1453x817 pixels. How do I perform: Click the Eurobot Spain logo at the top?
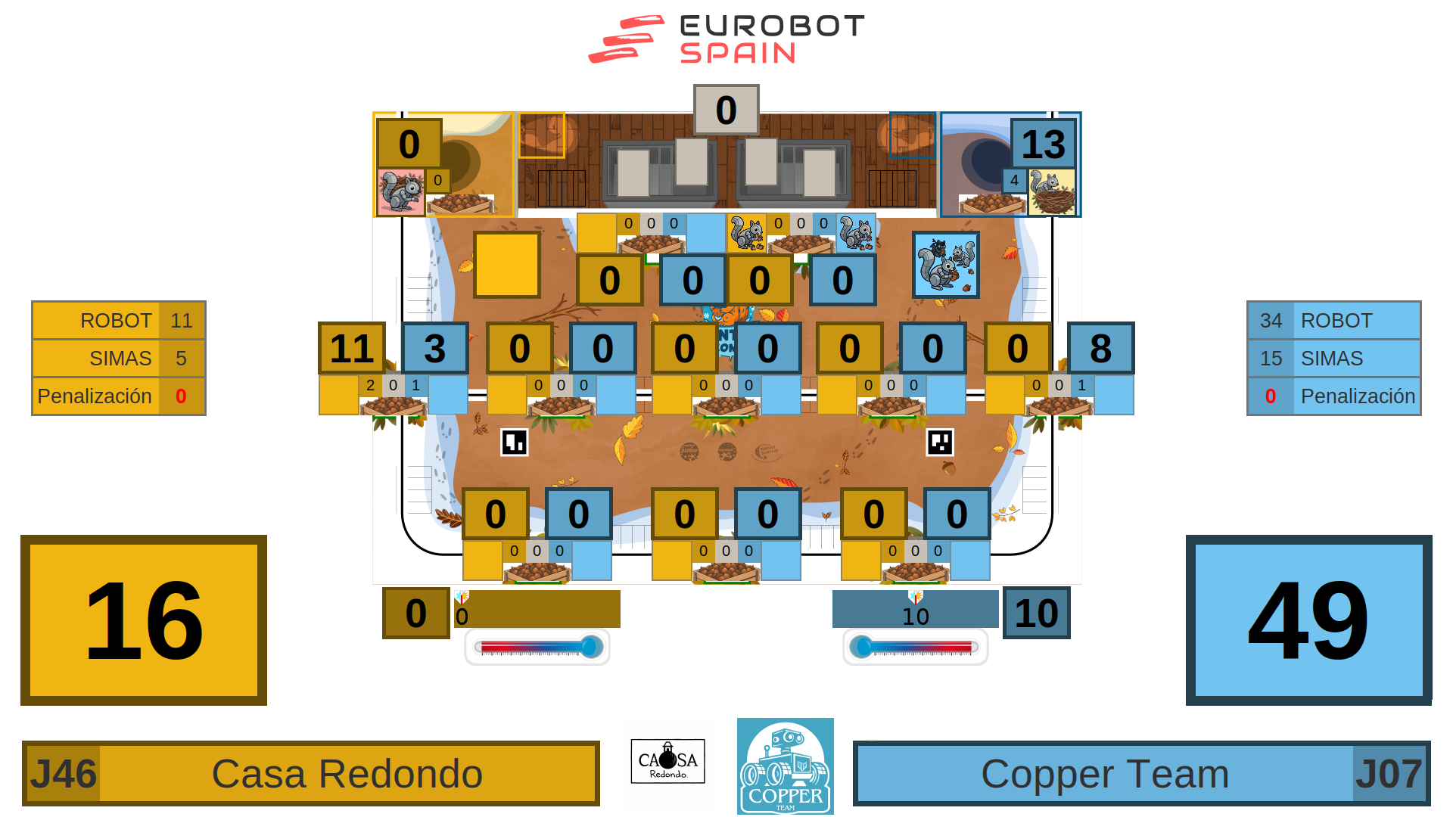point(726,39)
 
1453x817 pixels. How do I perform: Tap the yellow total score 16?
point(144,620)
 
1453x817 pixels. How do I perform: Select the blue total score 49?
point(1308,620)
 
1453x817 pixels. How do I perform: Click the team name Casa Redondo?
point(347,774)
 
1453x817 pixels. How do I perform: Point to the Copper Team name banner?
point(1104,774)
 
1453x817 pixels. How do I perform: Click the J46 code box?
point(63,774)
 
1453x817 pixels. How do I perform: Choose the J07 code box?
point(1389,774)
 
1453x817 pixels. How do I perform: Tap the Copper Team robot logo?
point(785,766)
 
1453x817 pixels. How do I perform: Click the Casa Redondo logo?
point(668,761)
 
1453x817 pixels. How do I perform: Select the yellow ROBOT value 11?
point(182,321)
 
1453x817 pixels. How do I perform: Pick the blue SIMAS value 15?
point(1271,359)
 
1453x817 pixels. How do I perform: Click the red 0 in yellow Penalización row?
point(181,396)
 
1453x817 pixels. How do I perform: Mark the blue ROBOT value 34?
point(1271,321)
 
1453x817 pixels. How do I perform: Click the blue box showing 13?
point(1043,144)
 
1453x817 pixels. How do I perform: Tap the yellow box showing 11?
point(352,348)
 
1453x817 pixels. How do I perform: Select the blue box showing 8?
point(1100,348)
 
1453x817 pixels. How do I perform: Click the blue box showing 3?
point(435,348)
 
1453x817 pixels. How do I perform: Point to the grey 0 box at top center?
point(726,110)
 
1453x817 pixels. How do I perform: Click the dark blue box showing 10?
point(1036,613)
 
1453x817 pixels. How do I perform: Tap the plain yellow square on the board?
point(507,265)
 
